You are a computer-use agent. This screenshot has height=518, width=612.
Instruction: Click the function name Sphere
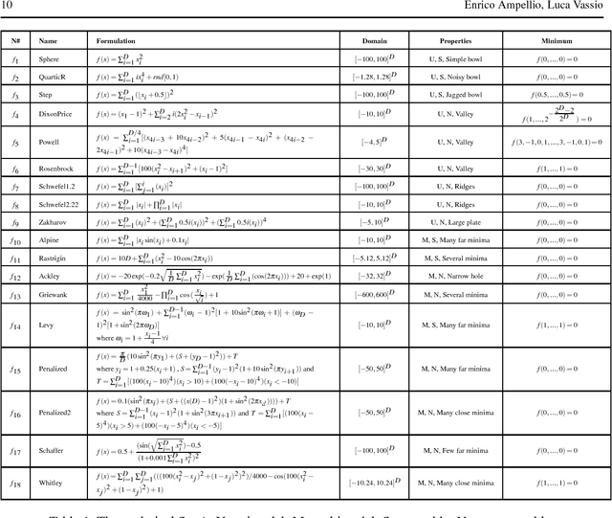(51, 59)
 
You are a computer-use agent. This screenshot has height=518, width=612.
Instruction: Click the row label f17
(15, 450)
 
